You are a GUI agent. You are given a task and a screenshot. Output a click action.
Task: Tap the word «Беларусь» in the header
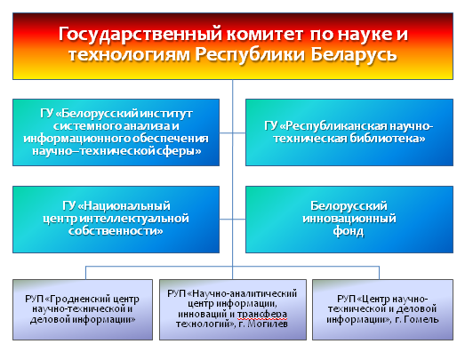coord(354,55)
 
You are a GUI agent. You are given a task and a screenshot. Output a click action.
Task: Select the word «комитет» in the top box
coord(265,34)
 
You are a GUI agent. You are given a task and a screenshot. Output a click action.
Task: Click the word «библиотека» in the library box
coord(387,139)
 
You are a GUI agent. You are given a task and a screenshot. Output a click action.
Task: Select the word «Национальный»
coord(124,206)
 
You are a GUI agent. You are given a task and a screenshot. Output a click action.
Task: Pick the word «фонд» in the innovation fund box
coord(349,231)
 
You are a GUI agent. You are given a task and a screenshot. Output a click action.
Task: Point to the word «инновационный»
coord(349,219)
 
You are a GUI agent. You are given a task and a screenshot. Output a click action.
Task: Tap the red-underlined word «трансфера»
coord(262,314)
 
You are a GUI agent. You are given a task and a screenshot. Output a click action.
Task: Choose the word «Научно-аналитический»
coord(245,293)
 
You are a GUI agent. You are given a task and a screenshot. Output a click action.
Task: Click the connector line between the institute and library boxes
coord(233,132)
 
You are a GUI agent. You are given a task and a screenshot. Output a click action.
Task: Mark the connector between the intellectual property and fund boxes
coord(233,220)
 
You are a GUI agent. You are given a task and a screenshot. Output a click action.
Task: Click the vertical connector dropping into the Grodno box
coord(85,273)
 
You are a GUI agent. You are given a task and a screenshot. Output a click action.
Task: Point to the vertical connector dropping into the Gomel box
coord(379,273)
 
